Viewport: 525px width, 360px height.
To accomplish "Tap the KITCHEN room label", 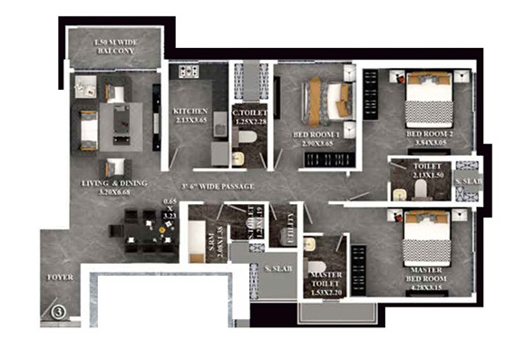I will coord(190,112).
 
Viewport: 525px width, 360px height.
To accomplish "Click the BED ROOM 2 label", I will coord(428,134).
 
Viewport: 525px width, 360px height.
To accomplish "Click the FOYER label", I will coord(60,277).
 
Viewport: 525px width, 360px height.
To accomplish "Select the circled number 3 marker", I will coord(59,311).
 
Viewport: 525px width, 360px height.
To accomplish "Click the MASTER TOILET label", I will coord(324,280).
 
